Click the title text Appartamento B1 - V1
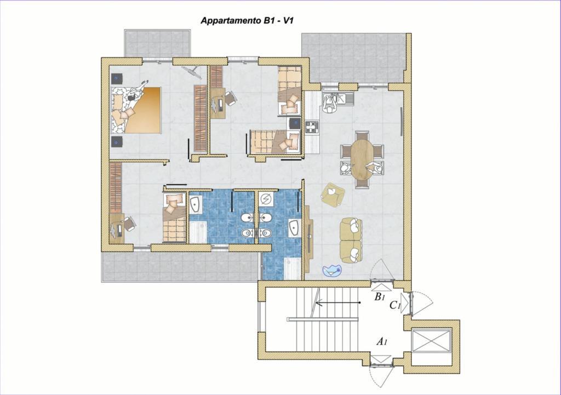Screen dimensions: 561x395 [247, 21]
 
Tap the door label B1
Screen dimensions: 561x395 [379, 296]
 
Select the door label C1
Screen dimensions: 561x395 [394, 305]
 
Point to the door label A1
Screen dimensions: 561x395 [382, 342]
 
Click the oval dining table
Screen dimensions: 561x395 [362, 159]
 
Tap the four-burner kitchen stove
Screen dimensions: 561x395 [312, 127]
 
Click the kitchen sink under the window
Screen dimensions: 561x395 [337, 99]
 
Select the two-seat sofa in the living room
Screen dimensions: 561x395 [351, 240]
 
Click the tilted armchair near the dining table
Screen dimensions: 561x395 [333, 194]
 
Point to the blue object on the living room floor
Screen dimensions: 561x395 [332, 271]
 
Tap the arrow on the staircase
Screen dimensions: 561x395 [337, 303]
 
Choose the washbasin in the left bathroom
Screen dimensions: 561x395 [196, 205]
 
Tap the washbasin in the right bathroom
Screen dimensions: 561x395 [294, 227]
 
